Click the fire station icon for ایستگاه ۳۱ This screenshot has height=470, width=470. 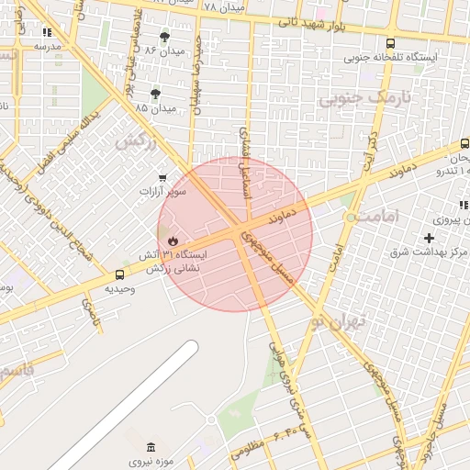(x=171, y=240)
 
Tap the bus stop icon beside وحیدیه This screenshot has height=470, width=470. (x=120, y=274)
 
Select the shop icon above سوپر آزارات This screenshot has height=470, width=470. (x=162, y=177)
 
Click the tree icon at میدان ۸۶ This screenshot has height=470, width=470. (x=164, y=37)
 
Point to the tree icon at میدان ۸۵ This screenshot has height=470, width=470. (x=155, y=94)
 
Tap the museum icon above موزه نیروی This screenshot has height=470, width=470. (x=151, y=446)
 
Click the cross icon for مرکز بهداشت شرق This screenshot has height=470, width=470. (x=429, y=238)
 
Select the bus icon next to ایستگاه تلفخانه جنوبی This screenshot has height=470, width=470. (x=391, y=43)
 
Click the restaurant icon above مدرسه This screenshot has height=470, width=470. (x=47, y=32)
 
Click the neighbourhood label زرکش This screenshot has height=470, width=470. (x=135, y=142)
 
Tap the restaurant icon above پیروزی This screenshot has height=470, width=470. (x=464, y=205)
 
